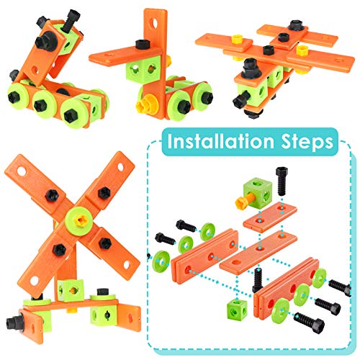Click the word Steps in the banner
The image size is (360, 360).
coord(306,141)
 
